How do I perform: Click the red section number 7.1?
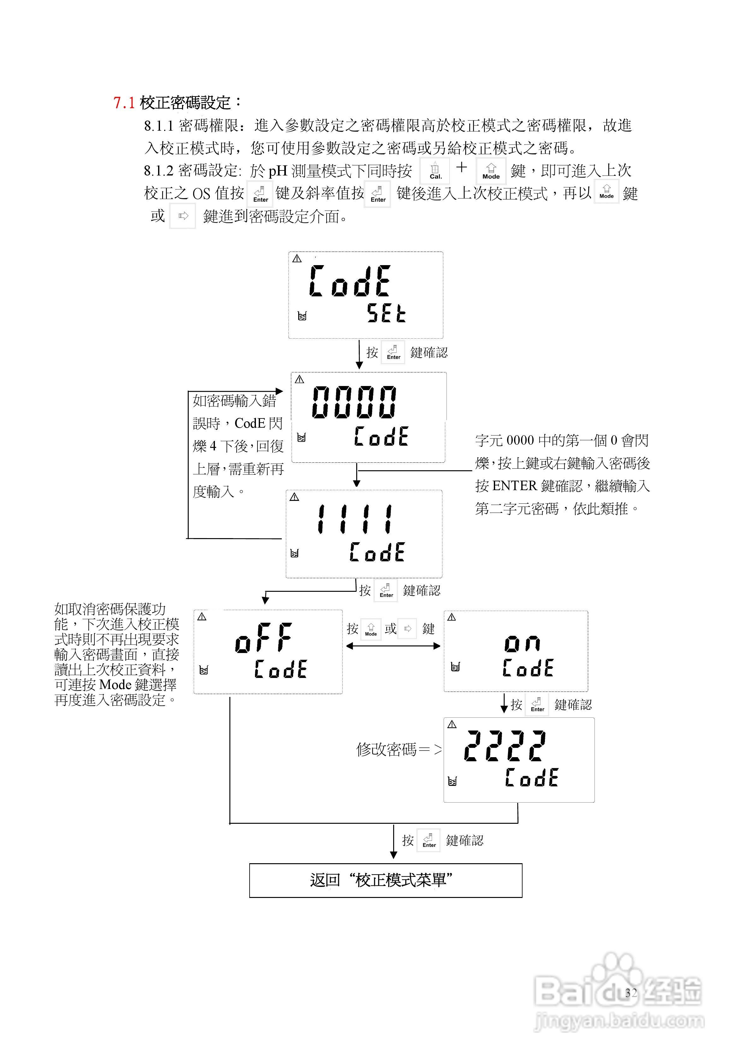(x=124, y=102)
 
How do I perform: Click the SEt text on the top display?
(x=386, y=313)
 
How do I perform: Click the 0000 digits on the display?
(x=354, y=402)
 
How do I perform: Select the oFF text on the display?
(x=263, y=638)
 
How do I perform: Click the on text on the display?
(x=522, y=643)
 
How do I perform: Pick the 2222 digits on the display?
(x=505, y=745)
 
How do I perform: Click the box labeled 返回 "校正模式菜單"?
(x=385, y=880)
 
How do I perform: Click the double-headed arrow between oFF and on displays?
(x=393, y=646)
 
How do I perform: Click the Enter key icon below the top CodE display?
(x=393, y=353)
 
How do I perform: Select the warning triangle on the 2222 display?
(x=452, y=725)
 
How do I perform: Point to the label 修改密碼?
(x=386, y=749)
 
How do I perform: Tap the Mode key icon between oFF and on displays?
(x=371, y=629)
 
